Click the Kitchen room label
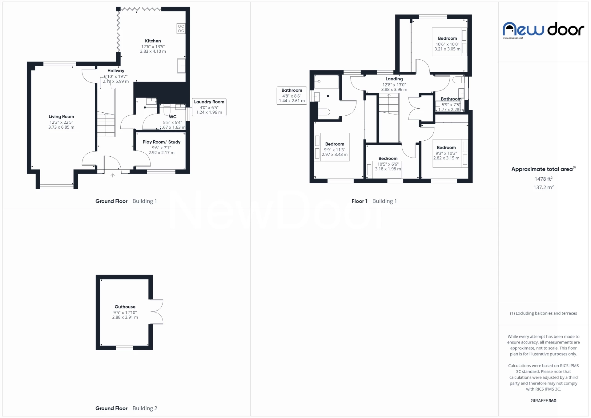[153, 41]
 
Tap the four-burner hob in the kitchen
[181, 29]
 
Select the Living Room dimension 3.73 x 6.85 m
[61, 127]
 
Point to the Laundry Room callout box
[209, 107]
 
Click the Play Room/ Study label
[161, 142]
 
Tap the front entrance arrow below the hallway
[113, 175]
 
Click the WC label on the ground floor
[172, 117]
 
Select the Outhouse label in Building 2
[125, 307]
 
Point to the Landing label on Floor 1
[394, 79]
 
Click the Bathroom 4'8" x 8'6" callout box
[291, 95]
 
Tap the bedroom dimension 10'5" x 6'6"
[388, 164]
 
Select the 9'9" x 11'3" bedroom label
[335, 144]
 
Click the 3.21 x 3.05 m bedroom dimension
[447, 49]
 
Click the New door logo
[543, 30]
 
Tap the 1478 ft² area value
[543, 179]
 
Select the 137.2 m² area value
[543, 187]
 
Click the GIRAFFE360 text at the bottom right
[543, 400]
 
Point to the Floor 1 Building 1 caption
[374, 201]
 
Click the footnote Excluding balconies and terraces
[543, 313]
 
